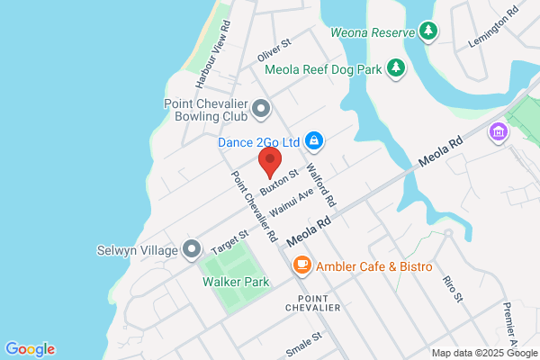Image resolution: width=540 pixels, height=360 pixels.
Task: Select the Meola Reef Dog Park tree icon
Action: click(x=394, y=67)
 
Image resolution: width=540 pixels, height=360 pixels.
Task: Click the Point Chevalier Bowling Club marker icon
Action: click(x=261, y=110)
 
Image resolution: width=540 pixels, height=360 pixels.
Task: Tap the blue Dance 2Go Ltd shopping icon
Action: click(x=314, y=141)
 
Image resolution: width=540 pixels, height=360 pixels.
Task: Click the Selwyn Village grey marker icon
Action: click(x=191, y=248)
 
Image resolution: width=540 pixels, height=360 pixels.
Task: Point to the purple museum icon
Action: click(x=496, y=133)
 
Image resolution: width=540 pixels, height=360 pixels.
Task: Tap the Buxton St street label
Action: click(x=278, y=183)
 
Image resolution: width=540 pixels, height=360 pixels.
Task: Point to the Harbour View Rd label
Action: click(x=215, y=53)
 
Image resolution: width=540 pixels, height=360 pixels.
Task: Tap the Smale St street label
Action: click(x=303, y=343)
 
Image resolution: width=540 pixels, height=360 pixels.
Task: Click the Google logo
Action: click(x=31, y=349)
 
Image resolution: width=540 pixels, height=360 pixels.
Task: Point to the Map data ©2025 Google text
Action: click(x=482, y=353)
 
